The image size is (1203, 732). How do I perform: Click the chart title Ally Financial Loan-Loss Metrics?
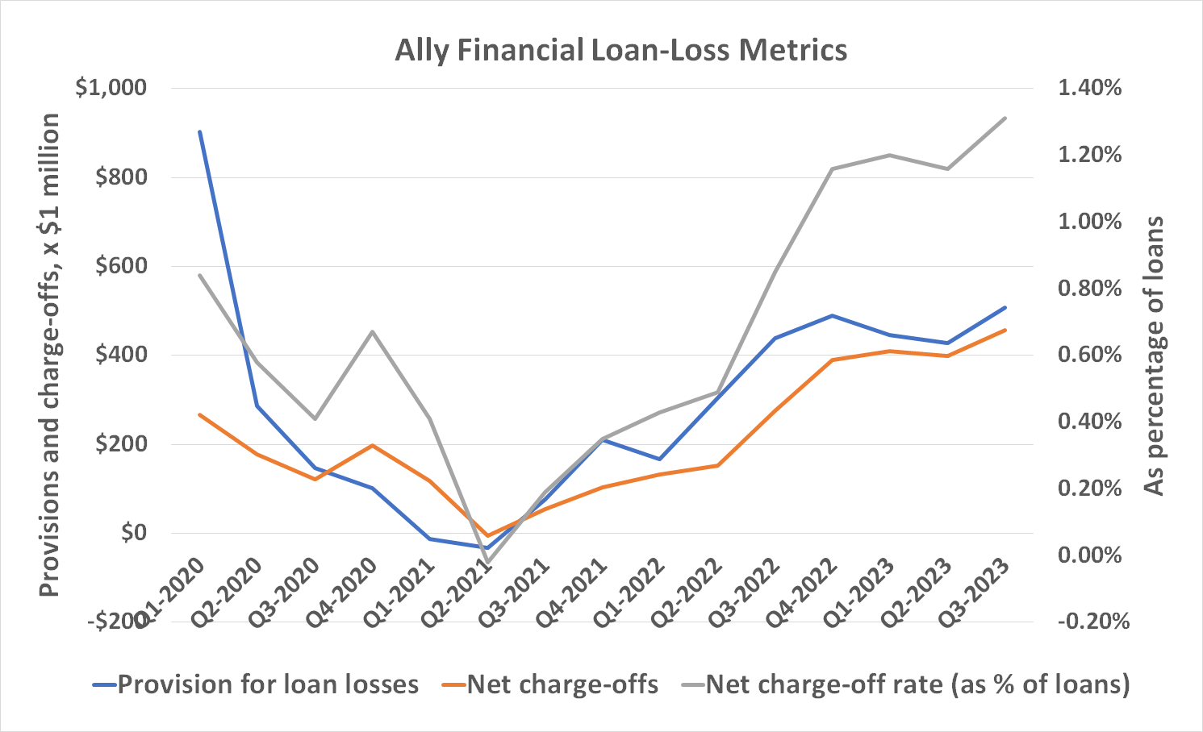tap(620, 50)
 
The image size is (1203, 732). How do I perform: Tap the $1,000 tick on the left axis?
tap(111, 88)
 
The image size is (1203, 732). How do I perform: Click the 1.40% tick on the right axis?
tap(1089, 88)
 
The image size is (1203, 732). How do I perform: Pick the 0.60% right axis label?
tap(1089, 355)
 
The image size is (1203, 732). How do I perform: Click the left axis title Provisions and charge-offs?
tap(50, 355)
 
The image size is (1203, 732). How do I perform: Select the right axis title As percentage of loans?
tap(1155, 355)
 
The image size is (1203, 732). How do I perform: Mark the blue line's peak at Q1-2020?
tap(199, 131)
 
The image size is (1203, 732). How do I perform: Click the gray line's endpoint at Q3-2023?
tap(1005, 119)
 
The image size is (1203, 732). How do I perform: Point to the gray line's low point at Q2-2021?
tap(487, 562)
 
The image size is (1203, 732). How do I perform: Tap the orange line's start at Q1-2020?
tap(199, 414)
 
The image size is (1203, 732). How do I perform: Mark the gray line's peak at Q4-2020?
tap(372, 331)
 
